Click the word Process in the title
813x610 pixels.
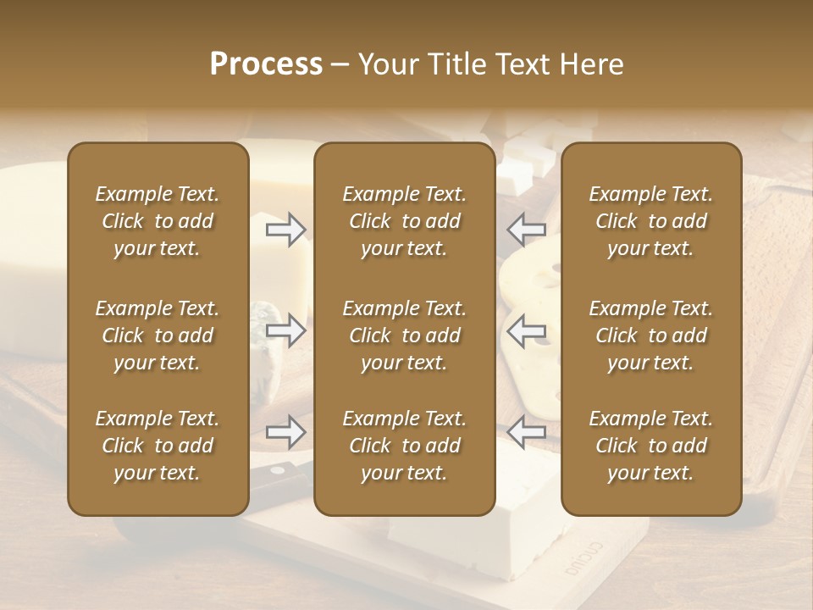266,64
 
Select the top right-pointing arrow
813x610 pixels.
285,229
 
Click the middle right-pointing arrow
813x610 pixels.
285,330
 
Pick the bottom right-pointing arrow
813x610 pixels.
285,432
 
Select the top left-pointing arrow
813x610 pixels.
527,229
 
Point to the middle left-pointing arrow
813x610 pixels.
527,330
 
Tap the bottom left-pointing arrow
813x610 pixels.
527,432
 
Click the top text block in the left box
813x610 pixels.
158,221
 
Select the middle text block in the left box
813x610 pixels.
158,335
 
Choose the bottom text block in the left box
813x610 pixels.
158,446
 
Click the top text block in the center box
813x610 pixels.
404,221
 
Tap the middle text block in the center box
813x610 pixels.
404,335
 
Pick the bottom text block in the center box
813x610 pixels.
404,446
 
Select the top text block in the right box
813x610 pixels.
650,221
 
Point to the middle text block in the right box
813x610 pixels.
650,335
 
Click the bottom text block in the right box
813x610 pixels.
650,446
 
